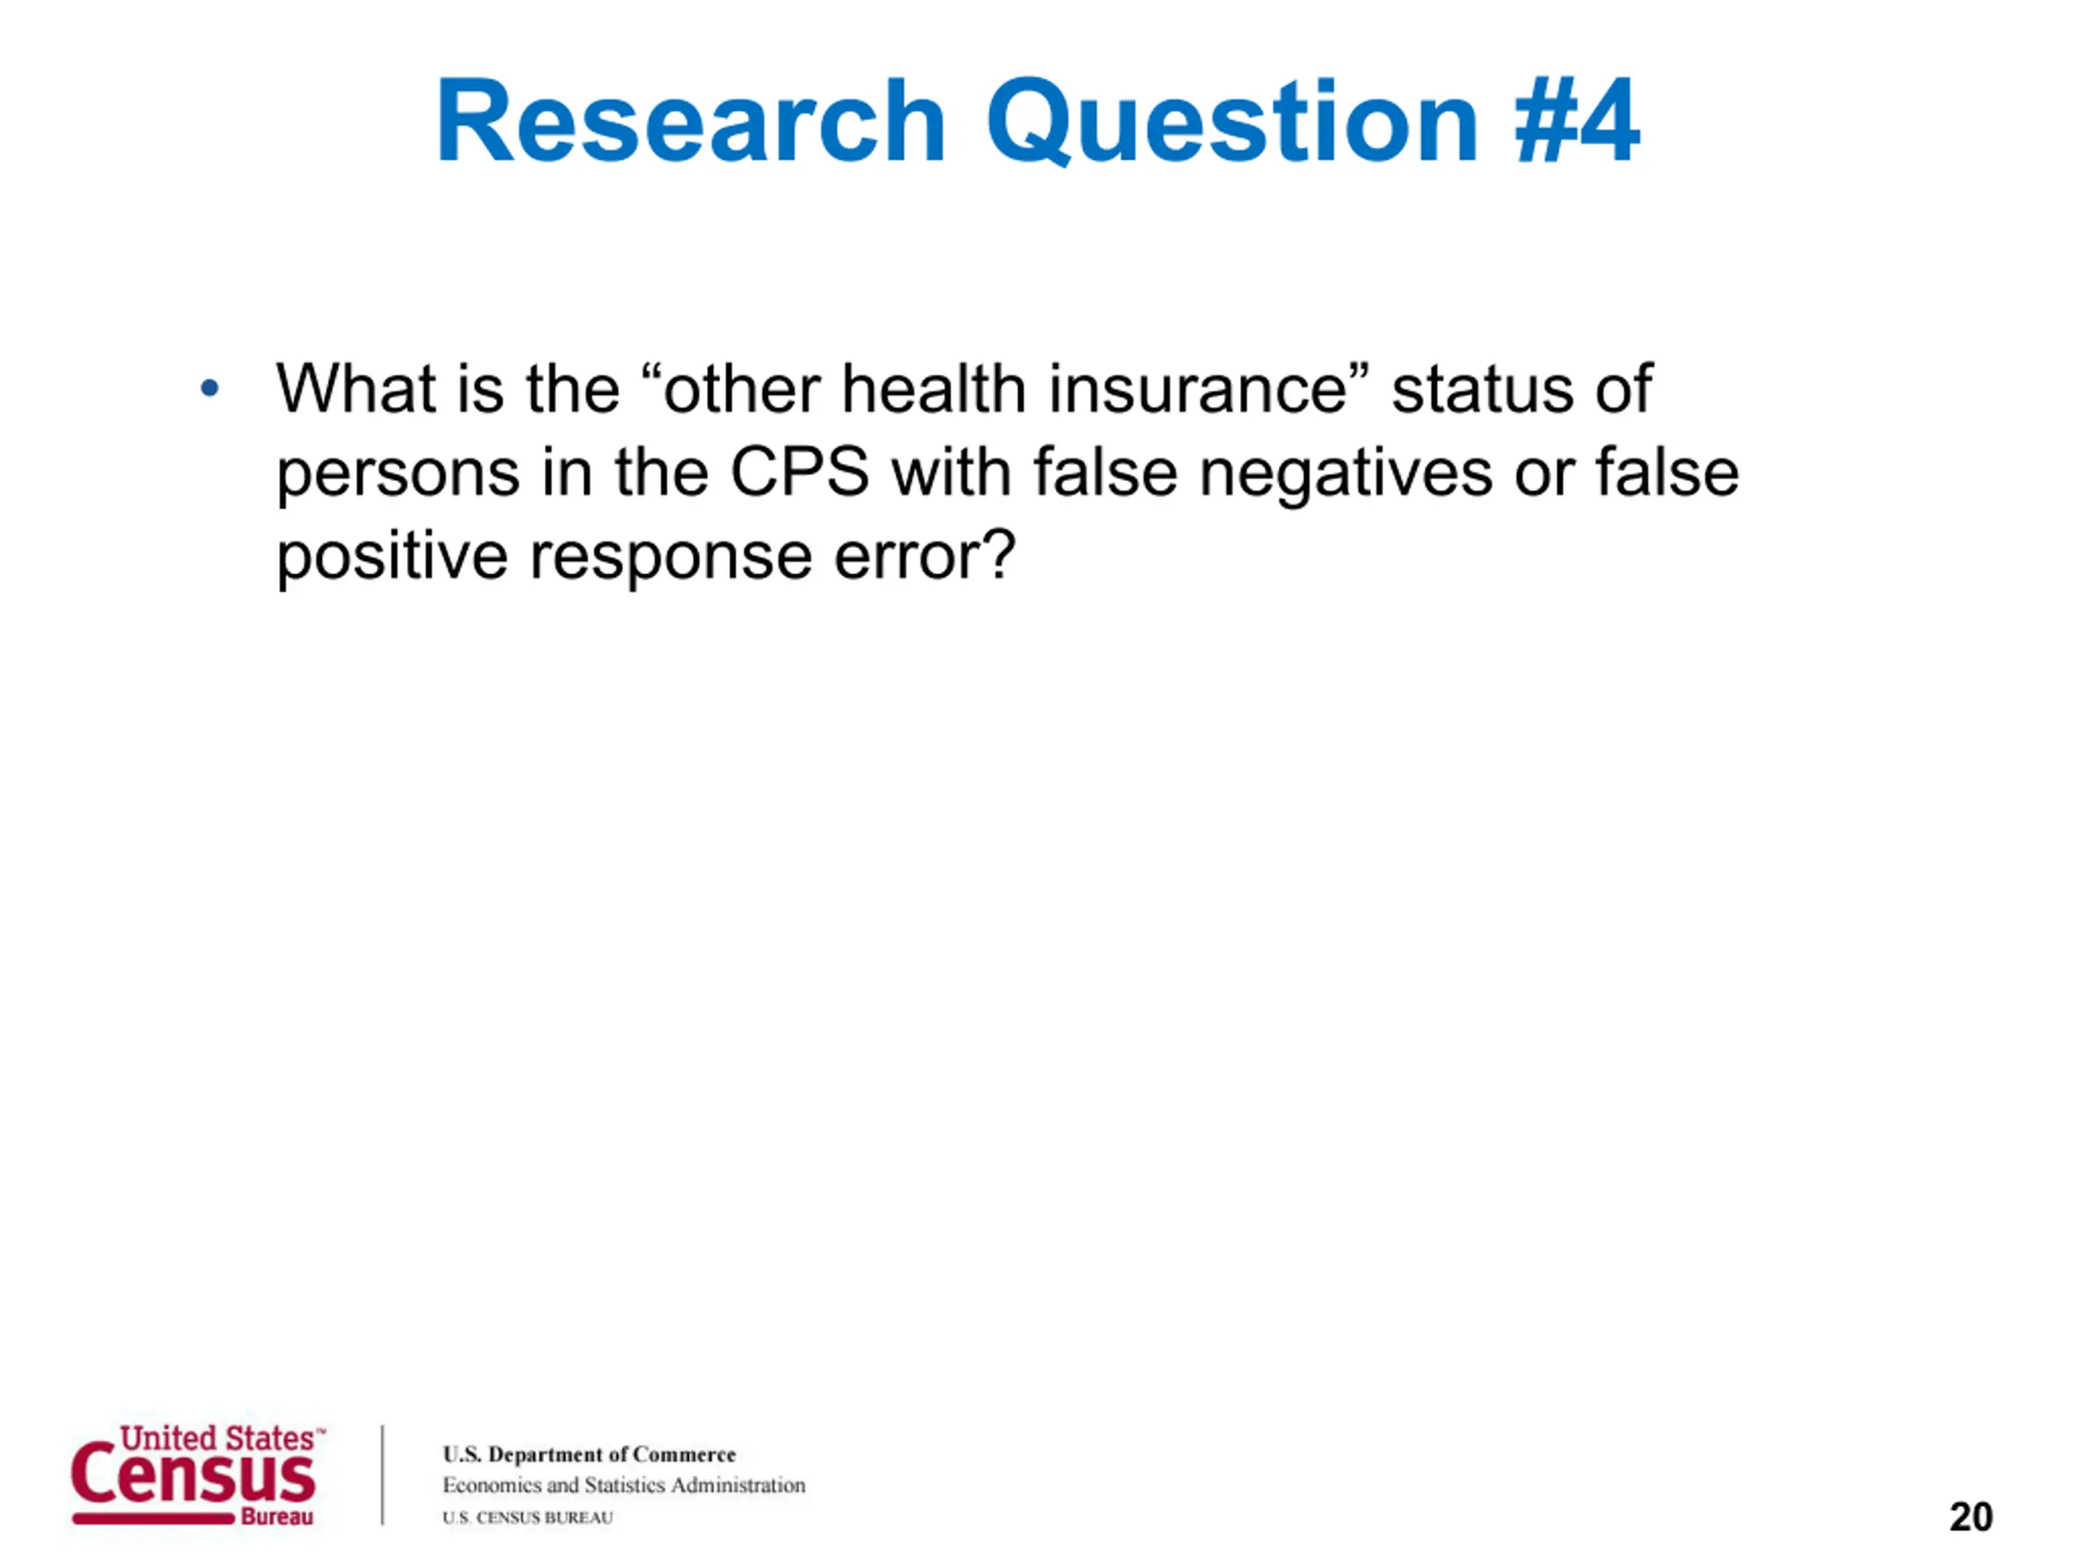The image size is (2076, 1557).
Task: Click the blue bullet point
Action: [x=209, y=388]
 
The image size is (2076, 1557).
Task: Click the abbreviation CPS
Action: [x=800, y=471]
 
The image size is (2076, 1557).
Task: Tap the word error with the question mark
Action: [x=924, y=555]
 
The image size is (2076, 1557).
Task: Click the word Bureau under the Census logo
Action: [x=277, y=1516]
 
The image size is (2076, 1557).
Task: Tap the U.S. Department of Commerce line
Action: [x=590, y=1454]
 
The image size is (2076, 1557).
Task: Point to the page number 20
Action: [x=1971, y=1516]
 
